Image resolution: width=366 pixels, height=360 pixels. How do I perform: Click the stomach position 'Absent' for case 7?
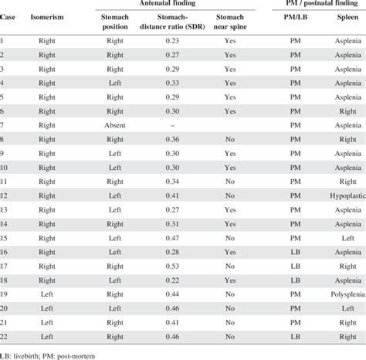pos(115,124)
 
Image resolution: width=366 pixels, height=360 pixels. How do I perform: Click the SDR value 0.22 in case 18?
pos(172,280)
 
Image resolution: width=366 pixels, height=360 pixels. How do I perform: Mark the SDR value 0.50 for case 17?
pos(172,266)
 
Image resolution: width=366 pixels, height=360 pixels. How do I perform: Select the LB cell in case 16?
pos(295,252)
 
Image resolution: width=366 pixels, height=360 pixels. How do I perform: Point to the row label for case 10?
pos(6,168)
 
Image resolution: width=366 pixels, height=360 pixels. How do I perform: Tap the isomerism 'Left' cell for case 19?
pos(47,294)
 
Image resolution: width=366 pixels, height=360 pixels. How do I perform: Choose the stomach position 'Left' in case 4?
pos(115,83)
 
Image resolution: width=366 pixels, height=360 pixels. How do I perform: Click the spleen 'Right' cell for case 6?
pos(347,110)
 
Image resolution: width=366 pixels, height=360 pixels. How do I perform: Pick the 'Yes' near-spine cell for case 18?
pos(229,280)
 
